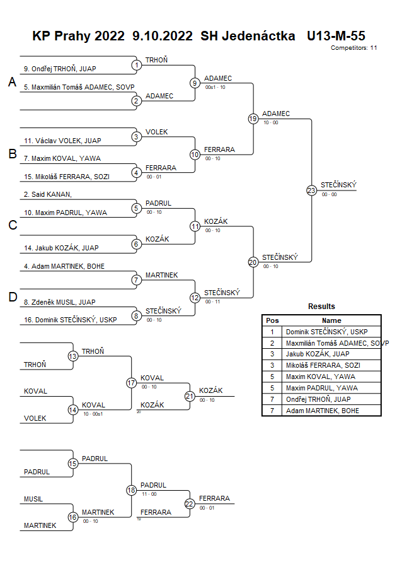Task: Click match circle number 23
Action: coord(311,190)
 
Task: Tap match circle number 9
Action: coord(195,83)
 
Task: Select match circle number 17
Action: coord(131,382)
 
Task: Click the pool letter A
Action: coord(11,82)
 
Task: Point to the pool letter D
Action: coord(11,297)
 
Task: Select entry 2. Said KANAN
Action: coord(47,195)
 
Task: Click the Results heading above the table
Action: coord(321,307)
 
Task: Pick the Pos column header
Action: coord(272,320)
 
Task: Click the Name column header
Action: coord(331,320)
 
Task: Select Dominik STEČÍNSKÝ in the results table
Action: coord(326,332)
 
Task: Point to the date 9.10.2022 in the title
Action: coord(164,36)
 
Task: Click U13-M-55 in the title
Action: coord(336,36)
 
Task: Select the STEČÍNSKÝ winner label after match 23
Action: coord(338,185)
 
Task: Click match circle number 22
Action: coord(190,503)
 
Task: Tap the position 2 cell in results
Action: coord(272,343)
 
